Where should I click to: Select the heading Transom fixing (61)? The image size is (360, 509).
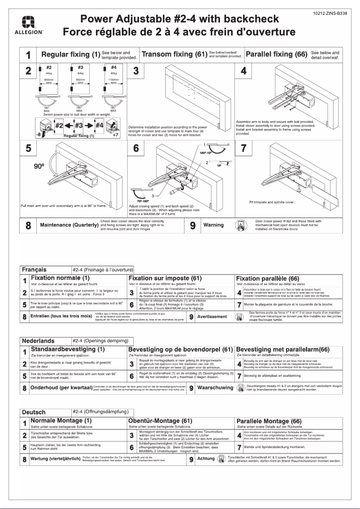pos(174,55)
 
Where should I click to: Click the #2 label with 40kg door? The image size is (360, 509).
pos(48,68)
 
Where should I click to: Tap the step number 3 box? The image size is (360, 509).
pos(136,70)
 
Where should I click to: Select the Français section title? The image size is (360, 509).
pos(34,270)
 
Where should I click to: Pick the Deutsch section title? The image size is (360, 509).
pos(34,412)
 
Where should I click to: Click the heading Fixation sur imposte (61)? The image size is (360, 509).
pos(165,279)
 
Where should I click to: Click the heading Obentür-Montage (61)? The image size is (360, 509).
pos(160,421)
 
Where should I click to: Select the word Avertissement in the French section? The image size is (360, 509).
pos(212,316)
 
